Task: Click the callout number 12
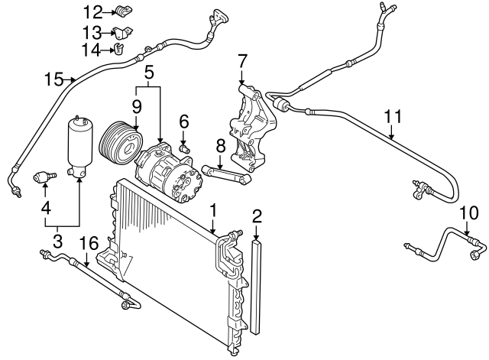click(92, 11)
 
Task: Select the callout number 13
click(92, 32)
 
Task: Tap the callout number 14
click(92, 50)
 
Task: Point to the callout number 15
click(53, 79)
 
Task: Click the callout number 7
click(242, 60)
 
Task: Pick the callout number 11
click(392, 117)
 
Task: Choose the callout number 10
click(468, 212)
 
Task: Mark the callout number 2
click(257, 215)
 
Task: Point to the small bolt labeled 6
click(183, 146)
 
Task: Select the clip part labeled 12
click(121, 11)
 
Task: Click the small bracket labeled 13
click(122, 33)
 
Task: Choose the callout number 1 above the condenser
click(215, 208)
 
